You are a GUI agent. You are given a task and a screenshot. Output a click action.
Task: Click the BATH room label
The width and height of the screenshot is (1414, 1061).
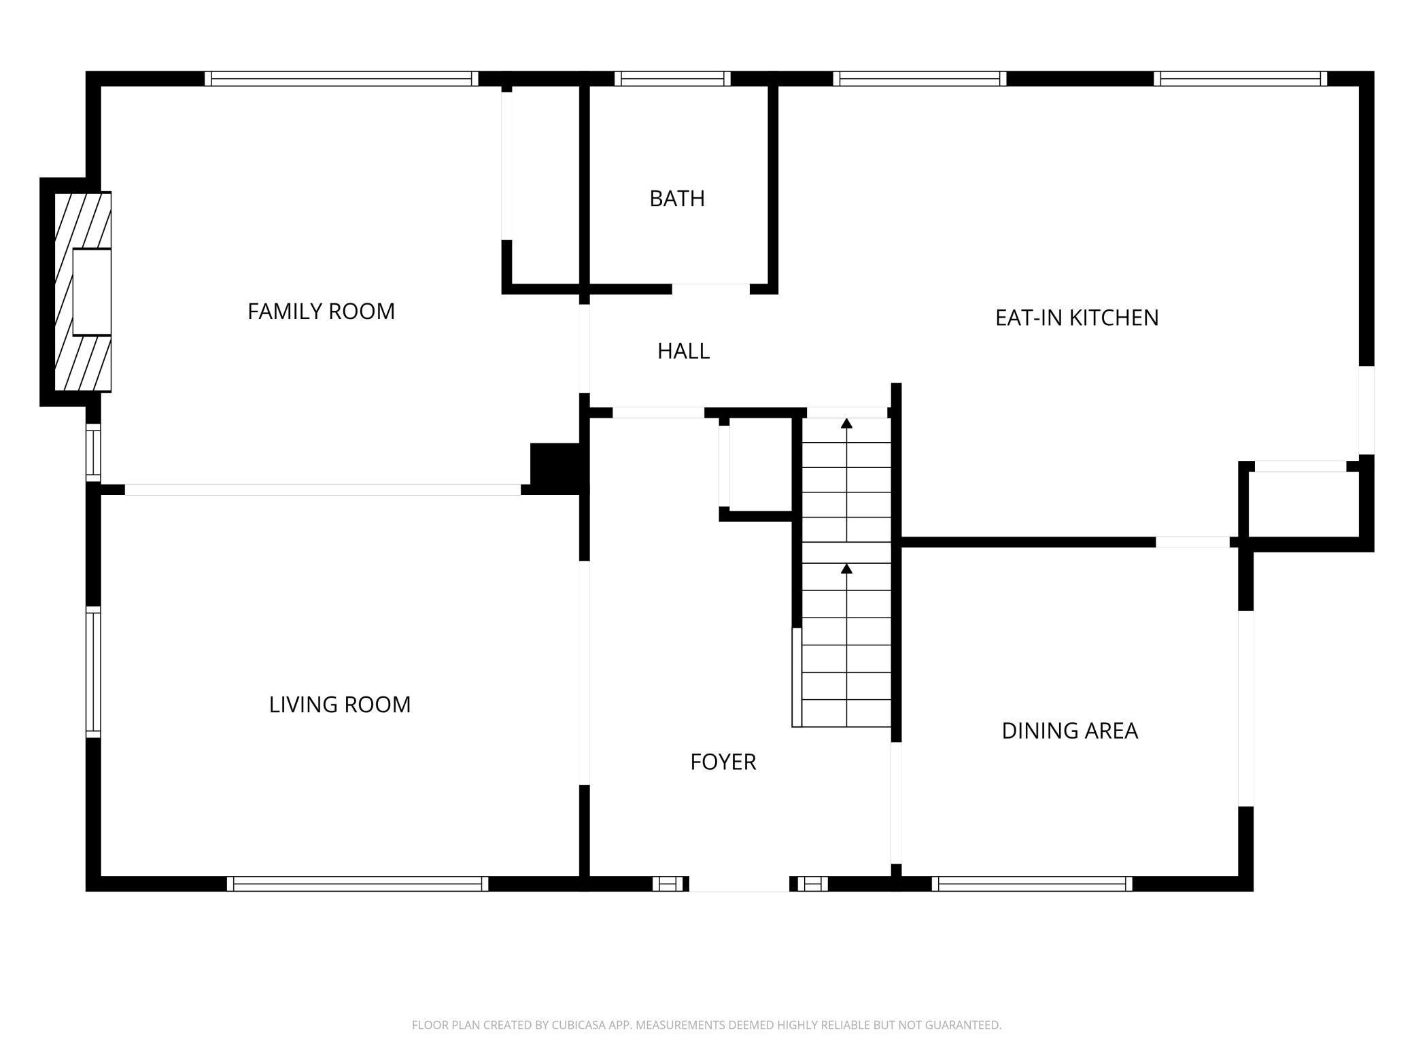tap(676, 199)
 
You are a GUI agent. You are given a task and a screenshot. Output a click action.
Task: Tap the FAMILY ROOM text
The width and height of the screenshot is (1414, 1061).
tap(321, 311)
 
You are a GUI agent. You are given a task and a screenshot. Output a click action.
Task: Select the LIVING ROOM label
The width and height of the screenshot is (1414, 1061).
tap(340, 705)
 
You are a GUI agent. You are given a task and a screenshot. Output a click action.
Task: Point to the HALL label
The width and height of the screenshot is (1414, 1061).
tap(683, 351)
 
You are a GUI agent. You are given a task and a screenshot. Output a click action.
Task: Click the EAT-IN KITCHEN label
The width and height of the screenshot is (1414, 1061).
tap(1076, 318)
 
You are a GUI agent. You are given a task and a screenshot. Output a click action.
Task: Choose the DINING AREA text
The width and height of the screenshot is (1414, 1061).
tap(1069, 730)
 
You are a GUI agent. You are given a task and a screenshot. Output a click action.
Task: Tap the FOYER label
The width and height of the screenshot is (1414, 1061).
tap(723, 762)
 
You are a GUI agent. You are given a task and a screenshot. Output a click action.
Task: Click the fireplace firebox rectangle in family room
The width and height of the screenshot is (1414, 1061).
tap(92, 292)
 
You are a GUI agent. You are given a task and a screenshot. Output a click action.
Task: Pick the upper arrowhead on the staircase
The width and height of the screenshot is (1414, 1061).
tap(846, 424)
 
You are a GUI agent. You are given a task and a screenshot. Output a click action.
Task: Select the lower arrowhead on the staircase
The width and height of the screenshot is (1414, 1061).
tap(846, 568)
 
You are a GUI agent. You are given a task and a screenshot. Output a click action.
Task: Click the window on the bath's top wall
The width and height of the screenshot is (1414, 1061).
tap(672, 79)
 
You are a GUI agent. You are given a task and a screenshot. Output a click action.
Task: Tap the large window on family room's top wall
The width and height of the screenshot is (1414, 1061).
tap(341, 79)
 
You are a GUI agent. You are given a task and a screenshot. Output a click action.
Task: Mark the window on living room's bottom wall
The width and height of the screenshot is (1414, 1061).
tap(358, 883)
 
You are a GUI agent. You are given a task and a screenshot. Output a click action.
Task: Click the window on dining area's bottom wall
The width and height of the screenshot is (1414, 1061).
tap(1032, 883)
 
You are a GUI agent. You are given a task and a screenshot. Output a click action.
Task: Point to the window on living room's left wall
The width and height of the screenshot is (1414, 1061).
tap(93, 671)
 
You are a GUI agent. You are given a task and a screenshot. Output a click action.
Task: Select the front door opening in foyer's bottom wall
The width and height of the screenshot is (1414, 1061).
tap(739, 883)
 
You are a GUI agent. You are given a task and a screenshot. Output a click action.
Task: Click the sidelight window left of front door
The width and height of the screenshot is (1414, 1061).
tap(669, 883)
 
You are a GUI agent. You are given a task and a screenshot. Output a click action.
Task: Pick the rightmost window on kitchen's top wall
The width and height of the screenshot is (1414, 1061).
tap(1240, 79)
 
